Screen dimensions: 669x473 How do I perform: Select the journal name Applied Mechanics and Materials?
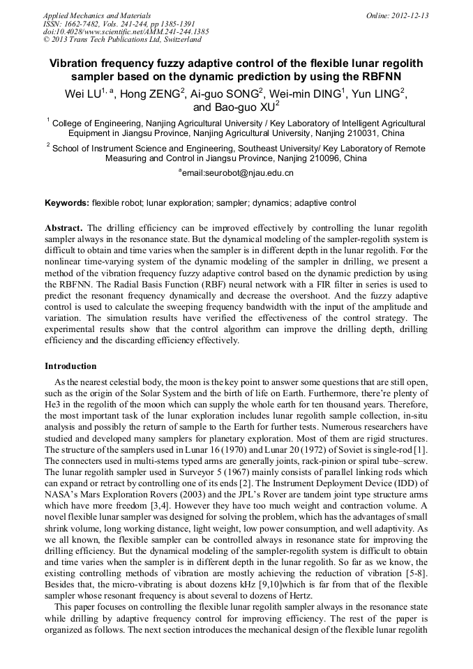pyautogui.click(x=97, y=15)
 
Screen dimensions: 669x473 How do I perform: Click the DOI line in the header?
pyautogui.click(x=126, y=31)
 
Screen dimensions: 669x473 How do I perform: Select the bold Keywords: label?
pyautogui.click(x=66, y=203)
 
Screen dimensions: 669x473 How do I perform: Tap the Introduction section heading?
pyautogui.click(x=70, y=366)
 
